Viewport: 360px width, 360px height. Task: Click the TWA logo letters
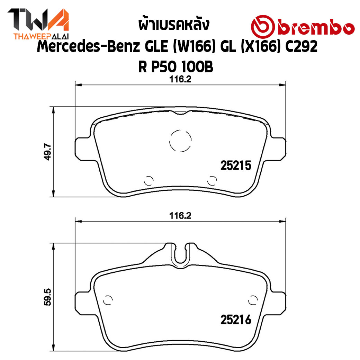(38, 20)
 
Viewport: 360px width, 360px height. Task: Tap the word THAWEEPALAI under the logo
(41, 36)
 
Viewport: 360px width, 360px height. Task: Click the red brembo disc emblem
(263, 26)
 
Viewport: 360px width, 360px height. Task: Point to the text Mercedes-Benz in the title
(88, 46)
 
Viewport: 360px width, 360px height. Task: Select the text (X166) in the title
(260, 46)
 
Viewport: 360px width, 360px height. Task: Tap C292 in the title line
(301, 46)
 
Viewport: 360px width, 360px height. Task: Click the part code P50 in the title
(164, 67)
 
